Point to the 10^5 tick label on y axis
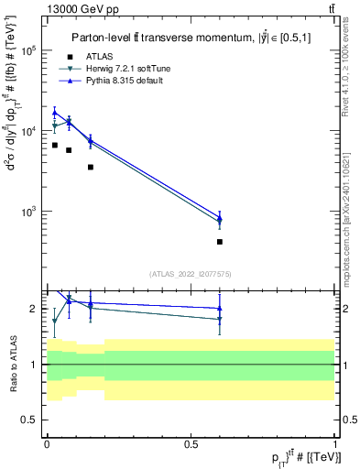[x=28, y=51]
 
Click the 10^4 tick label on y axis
[x=28, y=131]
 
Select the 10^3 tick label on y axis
[x=28, y=211]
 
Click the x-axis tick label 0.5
[x=191, y=442]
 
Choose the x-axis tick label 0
[x=47, y=442]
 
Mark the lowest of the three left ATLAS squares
[x=90, y=167]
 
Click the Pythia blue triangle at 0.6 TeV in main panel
[x=220, y=217]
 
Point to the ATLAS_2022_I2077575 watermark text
[x=189, y=273]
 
